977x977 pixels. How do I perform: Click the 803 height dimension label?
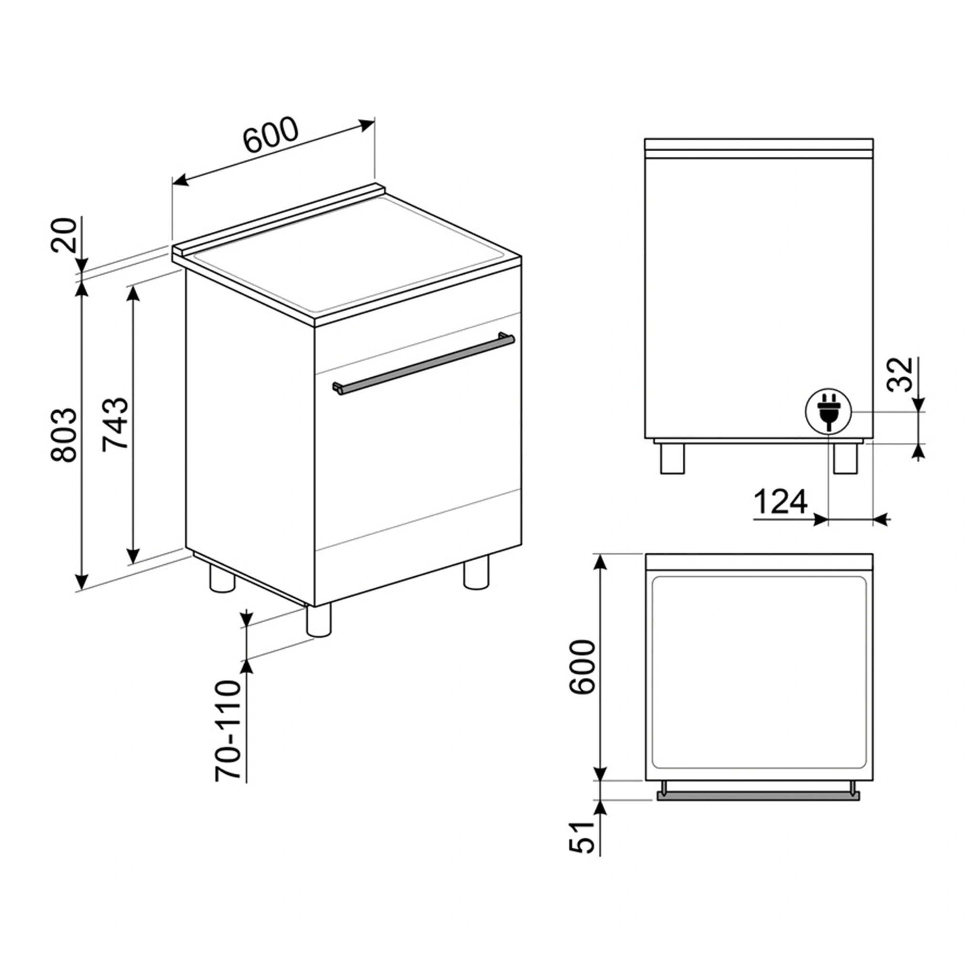click(x=64, y=436)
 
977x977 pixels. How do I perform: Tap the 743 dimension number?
click(x=116, y=424)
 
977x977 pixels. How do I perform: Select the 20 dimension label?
click(x=64, y=235)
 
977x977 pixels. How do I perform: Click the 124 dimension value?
click(x=781, y=502)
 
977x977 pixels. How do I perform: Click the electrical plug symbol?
click(x=828, y=412)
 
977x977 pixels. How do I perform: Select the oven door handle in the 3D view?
click(x=424, y=363)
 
